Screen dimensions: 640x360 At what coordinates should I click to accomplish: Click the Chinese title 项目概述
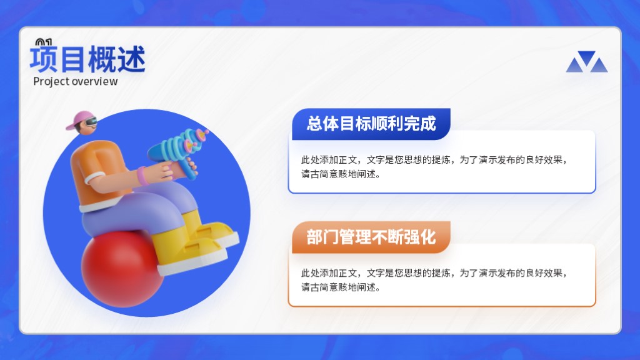(87, 59)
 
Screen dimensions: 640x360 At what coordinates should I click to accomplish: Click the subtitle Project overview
(76, 81)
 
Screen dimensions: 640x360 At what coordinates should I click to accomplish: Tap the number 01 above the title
(44, 42)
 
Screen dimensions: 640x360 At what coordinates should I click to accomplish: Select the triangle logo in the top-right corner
(586, 62)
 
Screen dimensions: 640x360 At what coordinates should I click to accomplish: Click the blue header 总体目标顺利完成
(371, 124)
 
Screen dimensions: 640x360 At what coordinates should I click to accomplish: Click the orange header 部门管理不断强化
(371, 237)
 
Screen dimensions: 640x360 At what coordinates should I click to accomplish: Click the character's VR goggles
(91, 122)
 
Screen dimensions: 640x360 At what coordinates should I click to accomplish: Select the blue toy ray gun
(179, 151)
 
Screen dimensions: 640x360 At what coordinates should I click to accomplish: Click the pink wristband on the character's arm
(142, 175)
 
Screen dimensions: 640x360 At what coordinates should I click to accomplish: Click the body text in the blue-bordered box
(434, 167)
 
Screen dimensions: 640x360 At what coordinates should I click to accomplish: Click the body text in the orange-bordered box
(434, 280)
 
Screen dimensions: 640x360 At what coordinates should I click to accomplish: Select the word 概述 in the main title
(117, 59)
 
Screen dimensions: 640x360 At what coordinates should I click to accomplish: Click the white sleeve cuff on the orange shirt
(95, 178)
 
